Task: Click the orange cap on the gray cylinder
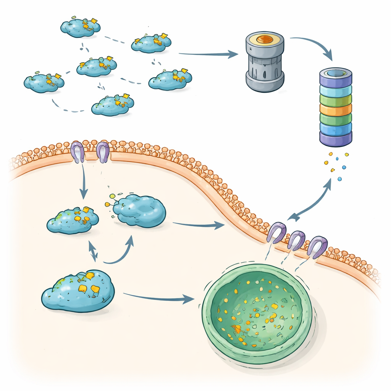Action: pyautogui.click(x=265, y=39)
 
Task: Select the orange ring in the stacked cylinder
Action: pyautogui.click(x=335, y=110)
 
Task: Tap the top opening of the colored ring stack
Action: pyautogui.click(x=335, y=73)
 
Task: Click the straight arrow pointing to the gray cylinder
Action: pyautogui.click(x=208, y=54)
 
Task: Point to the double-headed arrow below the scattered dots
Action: pyautogui.click(x=309, y=200)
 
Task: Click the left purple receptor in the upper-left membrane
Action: pyautogui.click(x=78, y=152)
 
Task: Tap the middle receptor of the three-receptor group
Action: pyautogui.click(x=296, y=240)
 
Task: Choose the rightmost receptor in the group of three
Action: pyautogui.click(x=318, y=246)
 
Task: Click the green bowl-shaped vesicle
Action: pyautogui.click(x=257, y=313)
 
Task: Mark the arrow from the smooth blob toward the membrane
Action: pyautogui.click(x=199, y=225)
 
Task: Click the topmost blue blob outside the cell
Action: pyautogui.click(x=81, y=27)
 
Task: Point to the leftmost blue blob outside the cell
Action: pyautogui.click(x=44, y=83)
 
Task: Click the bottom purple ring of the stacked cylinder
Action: pyautogui.click(x=335, y=139)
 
